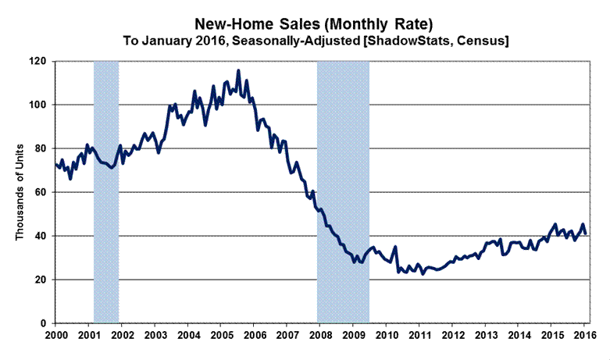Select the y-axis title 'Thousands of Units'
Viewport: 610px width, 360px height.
pyautogui.click(x=21, y=191)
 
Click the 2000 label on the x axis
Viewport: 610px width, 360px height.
pyautogui.click(x=55, y=336)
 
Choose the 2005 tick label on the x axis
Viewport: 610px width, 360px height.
pyautogui.click(x=220, y=336)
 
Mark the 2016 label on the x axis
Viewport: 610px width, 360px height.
pyautogui.click(x=584, y=336)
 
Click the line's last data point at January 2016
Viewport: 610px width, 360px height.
pyautogui.click(x=586, y=233)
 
